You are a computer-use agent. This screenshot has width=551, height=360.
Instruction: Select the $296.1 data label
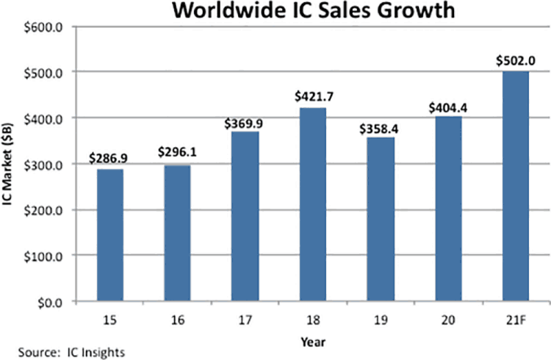(177, 153)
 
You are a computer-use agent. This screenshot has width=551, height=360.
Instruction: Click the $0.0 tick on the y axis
(56, 301)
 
